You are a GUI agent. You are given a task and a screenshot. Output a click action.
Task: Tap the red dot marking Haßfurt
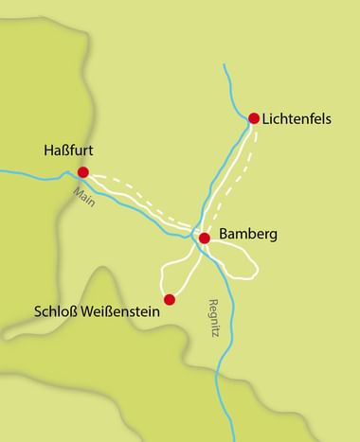click(x=83, y=172)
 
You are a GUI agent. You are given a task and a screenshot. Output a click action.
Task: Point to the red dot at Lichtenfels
click(x=254, y=118)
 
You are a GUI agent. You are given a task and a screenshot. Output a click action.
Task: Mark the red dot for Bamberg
click(x=204, y=238)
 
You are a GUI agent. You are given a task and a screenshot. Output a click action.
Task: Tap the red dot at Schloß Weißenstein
click(x=170, y=300)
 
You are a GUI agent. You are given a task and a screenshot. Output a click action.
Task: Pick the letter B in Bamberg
click(x=224, y=234)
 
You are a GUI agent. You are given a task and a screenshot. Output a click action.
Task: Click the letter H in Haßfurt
click(x=49, y=150)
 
